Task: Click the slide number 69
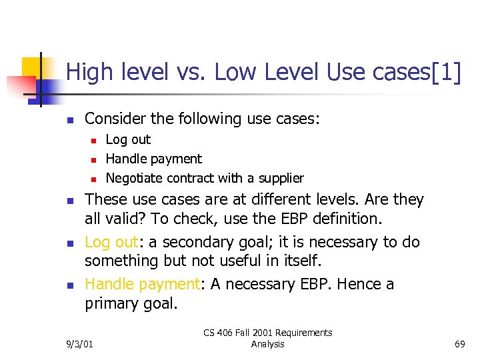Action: coord(459,344)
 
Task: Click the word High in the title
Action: coord(89,73)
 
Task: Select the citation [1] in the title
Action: coord(446,73)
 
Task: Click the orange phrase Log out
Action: coord(109,241)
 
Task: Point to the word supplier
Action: coord(281,178)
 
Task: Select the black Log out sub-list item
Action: coord(128,139)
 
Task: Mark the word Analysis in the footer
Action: coord(268,344)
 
